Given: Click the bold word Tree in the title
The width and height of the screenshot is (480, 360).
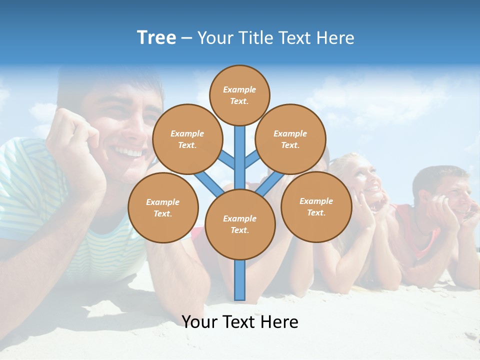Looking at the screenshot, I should click(156, 38).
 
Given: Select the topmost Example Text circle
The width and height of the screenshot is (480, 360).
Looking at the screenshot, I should click(239, 95).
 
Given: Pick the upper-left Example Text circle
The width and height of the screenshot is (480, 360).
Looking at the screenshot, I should click(187, 139).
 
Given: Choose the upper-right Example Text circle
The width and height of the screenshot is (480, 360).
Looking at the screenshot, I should click(290, 139).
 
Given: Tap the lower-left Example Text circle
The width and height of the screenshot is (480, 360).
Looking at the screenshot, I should click(163, 207).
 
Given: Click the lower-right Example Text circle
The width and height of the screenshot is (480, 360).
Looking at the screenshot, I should click(316, 206).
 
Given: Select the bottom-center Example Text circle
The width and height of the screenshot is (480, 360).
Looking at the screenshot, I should click(240, 224).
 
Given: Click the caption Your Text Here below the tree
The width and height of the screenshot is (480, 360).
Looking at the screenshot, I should click(240, 322).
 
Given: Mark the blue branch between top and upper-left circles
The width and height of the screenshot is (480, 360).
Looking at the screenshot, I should click(227, 160).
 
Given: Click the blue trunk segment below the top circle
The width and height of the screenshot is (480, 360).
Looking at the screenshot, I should click(240, 155).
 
